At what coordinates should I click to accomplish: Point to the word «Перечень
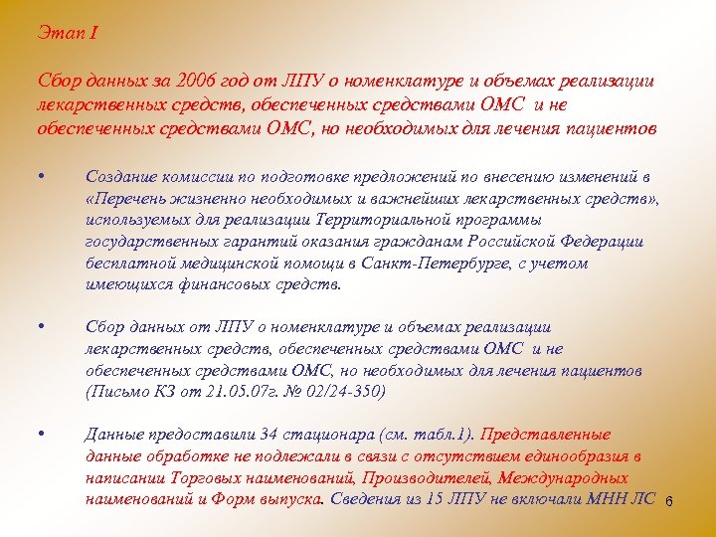124,198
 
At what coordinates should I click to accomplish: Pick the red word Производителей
435,477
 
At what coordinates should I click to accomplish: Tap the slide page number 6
669,501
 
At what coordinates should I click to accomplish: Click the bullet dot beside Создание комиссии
38,176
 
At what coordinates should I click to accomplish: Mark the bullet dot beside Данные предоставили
38,435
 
